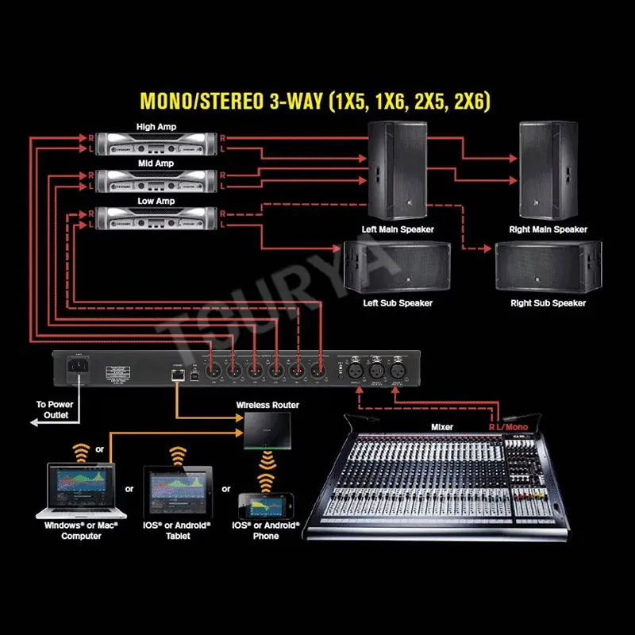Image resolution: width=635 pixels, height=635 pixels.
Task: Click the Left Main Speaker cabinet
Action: point(398,170)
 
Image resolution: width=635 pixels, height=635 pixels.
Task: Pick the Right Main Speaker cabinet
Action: point(548,170)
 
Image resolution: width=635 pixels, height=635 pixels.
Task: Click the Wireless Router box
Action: point(267,429)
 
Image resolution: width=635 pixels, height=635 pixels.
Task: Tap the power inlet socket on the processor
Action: point(81,368)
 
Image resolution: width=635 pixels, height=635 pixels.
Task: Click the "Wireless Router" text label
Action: point(267,405)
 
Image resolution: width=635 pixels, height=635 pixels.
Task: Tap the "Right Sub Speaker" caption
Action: point(548,303)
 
